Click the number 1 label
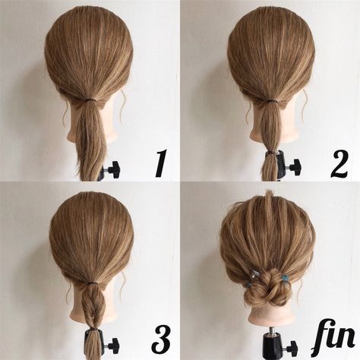(160, 164)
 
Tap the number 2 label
(339, 164)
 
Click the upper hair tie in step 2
(270, 100)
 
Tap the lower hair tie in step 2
(270, 151)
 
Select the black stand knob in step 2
(292, 167)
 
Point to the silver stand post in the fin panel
(271, 337)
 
